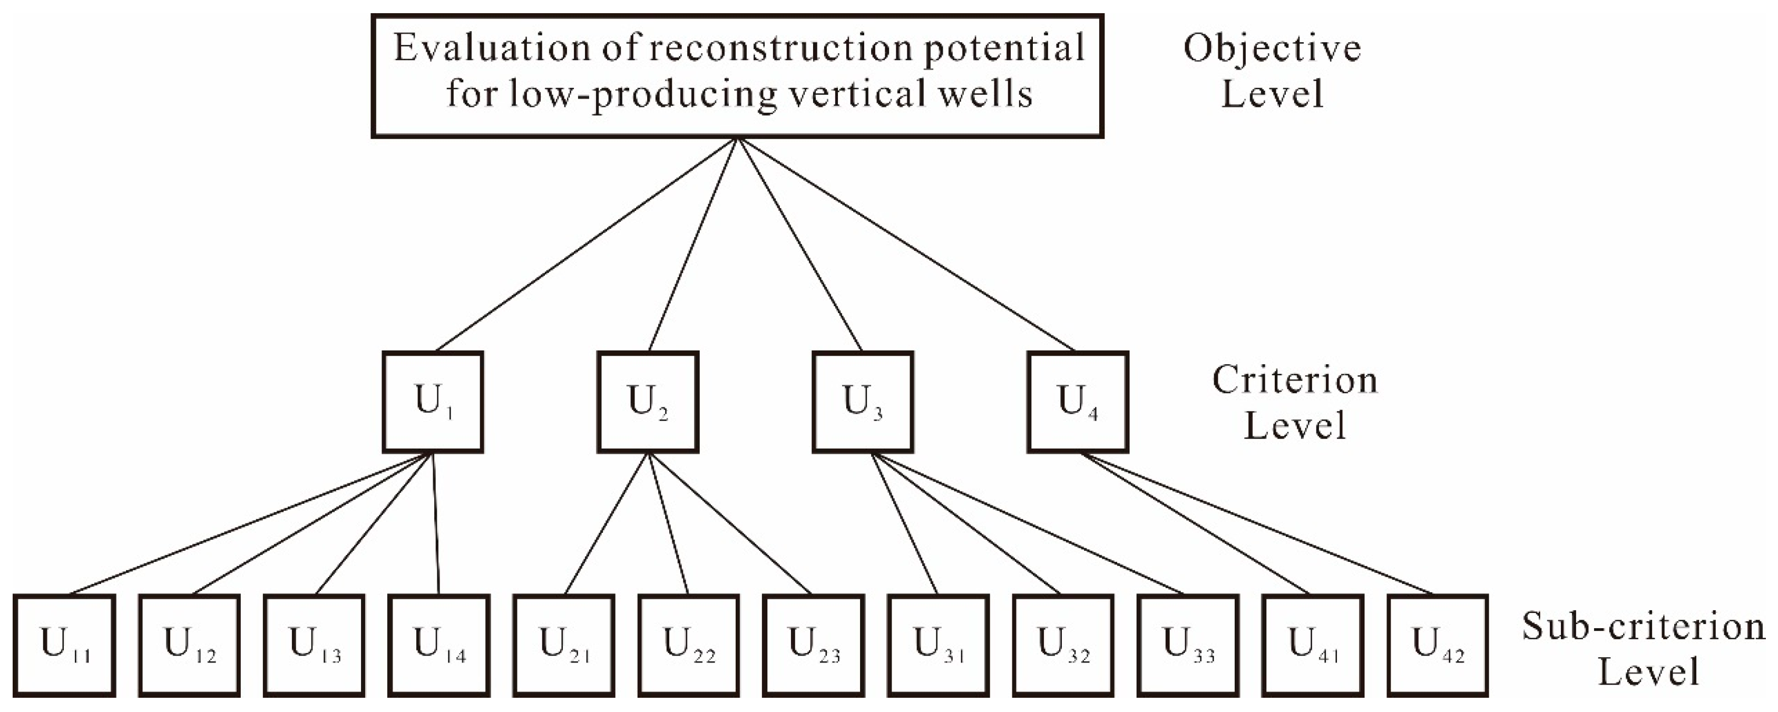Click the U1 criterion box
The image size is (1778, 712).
coord(433,402)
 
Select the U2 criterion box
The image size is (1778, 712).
coord(648,402)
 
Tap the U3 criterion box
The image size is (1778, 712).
coord(863,402)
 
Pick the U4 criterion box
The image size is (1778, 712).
coord(1078,402)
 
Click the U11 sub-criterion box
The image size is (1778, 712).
coord(64,645)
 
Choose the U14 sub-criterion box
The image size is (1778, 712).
coord(439,645)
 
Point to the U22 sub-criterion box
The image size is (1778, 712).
coord(689,645)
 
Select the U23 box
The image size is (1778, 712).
coord(814,645)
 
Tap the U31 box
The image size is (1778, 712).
coord(938,645)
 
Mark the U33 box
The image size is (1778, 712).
coord(1188,645)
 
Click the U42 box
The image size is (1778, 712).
coord(1438,645)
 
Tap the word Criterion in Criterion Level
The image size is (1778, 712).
coord(1295,381)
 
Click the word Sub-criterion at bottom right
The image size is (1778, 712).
coord(1643,627)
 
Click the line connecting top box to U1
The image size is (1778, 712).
coord(587,245)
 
